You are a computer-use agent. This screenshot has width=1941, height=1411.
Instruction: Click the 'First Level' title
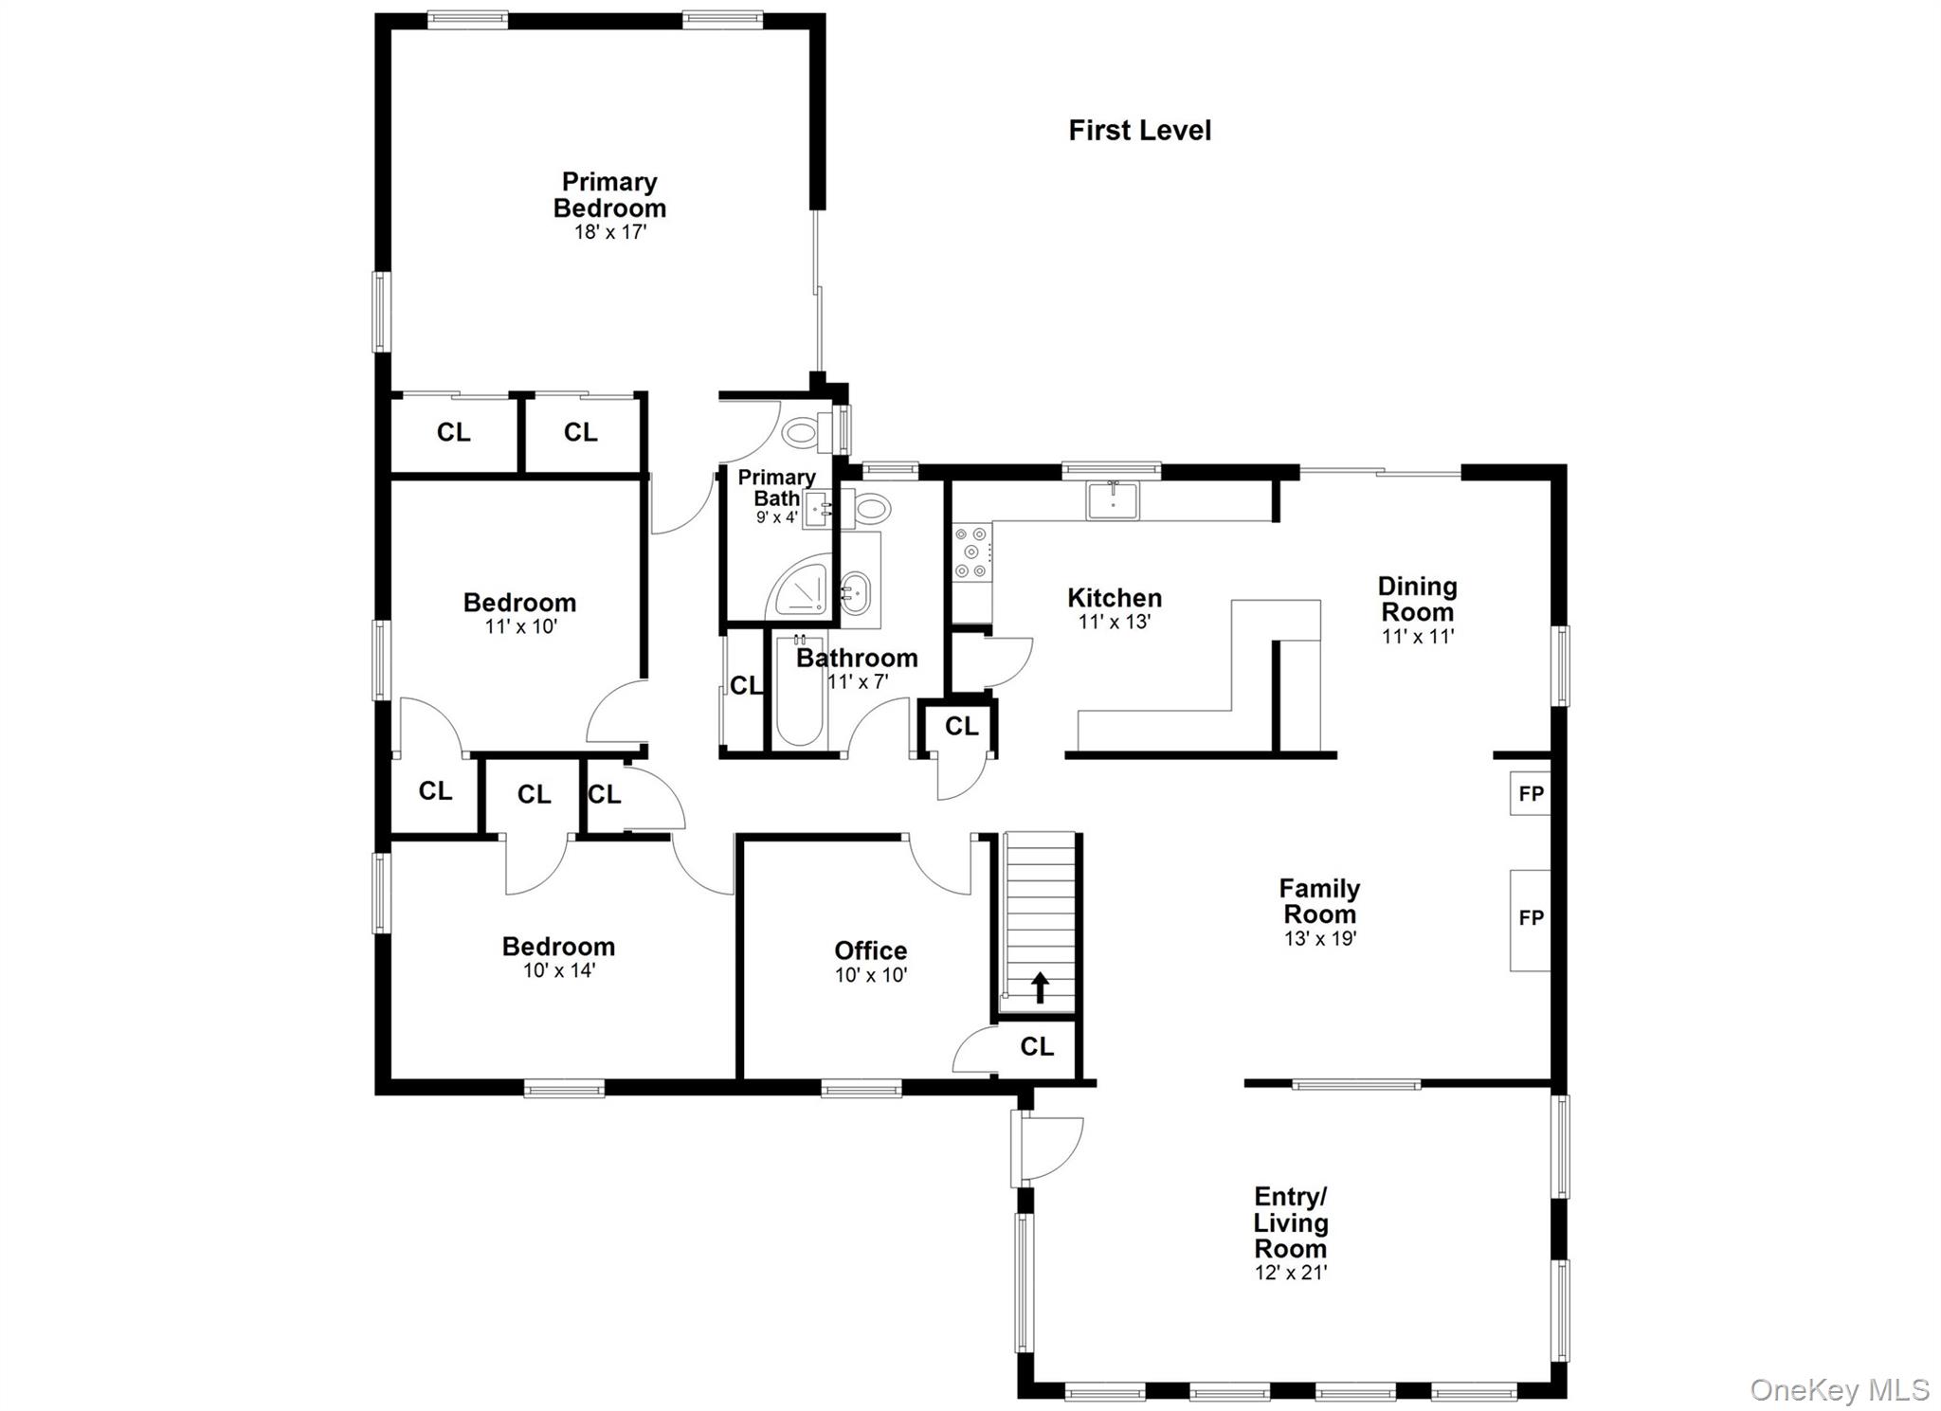pyautogui.click(x=1139, y=131)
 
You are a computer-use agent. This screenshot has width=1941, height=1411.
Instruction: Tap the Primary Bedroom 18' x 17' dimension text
pyautogui.click(x=610, y=232)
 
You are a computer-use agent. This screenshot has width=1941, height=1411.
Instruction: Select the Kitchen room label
pyautogui.click(x=1115, y=598)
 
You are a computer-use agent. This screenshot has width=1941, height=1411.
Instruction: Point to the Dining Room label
pyautogui.click(x=1417, y=599)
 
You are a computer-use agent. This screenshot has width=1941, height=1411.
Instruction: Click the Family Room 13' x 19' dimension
pyautogui.click(x=1320, y=939)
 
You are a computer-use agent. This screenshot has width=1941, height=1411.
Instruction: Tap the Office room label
pyautogui.click(x=871, y=950)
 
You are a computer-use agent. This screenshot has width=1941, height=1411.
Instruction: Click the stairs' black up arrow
pyautogui.click(x=1040, y=986)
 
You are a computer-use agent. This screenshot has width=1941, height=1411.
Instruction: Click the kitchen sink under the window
pyautogui.click(x=1114, y=499)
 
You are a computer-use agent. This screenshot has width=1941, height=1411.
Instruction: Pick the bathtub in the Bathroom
pyautogui.click(x=799, y=692)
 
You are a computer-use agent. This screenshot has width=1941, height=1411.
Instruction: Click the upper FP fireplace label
pyautogui.click(x=1532, y=794)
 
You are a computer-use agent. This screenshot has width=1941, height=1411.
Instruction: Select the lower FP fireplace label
pyautogui.click(x=1532, y=917)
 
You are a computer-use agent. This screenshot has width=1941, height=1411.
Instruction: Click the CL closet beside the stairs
pyautogui.click(x=1037, y=1046)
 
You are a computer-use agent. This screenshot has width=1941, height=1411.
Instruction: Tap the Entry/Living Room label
pyautogui.click(x=1291, y=1222)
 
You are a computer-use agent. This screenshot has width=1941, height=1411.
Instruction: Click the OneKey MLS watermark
pyautogui.click(x=1839, y=1390)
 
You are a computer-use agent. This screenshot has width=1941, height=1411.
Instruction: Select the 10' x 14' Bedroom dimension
pyautogui.click(x=559, y=970)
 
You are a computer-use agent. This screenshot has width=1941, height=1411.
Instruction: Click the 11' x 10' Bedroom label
pyautogui.click(x=519, y=603)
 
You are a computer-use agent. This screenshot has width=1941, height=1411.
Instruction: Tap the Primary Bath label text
pyautogui.click(x=776, y=487)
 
